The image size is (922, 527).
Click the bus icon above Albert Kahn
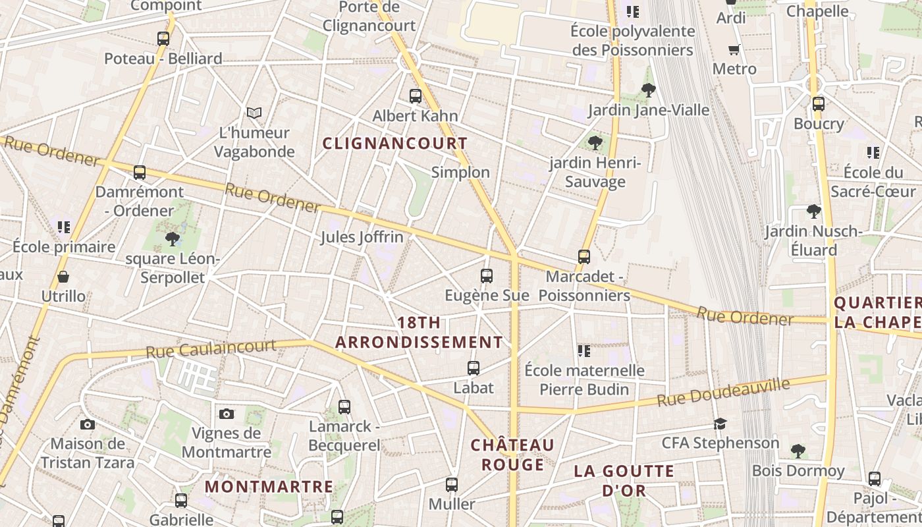416,96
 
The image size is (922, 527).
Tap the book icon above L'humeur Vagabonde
254,113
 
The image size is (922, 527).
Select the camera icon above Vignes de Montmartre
227,414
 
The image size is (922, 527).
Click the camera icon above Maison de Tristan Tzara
88,424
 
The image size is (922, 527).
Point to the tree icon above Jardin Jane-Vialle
649,90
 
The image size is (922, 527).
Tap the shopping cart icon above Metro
734,49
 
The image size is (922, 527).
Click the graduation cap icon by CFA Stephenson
720,424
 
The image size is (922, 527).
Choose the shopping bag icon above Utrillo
63,277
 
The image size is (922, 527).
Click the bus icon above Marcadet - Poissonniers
584,257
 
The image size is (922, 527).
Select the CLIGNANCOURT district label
395,144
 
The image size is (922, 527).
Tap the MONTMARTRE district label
269,487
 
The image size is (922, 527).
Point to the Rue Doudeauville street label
723,393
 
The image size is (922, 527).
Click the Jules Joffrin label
362,237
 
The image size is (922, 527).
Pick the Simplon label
460,173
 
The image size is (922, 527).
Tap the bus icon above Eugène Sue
487,276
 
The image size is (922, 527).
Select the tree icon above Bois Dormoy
798,451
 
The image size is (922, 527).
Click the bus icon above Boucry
819,104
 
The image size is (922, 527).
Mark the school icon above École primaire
64,227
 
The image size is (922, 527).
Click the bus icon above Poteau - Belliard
163,39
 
